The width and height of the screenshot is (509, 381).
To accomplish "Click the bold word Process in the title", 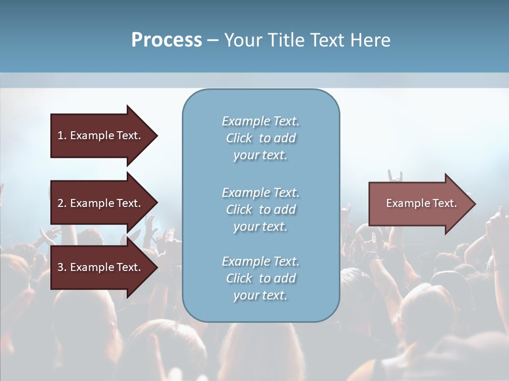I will click(x=166, y=40).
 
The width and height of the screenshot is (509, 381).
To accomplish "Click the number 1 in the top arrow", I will click(x=60, y=135).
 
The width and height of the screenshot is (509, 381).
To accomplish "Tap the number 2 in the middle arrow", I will click(x=60, y=203).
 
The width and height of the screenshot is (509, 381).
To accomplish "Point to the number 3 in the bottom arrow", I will click(x=60, y=267).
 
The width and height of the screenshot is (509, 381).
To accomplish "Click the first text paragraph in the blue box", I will click(x=260, y=138).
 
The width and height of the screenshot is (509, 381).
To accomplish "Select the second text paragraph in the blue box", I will click(x=260, y=210).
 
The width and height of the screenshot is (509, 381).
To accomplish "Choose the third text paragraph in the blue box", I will click(x=260, y=278).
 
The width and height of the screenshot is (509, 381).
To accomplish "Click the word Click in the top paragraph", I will click(x=239, y=138).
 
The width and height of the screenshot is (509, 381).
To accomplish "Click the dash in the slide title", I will click(x=213, y=40).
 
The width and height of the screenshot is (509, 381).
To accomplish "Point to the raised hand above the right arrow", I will click(x=395, y=176).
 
